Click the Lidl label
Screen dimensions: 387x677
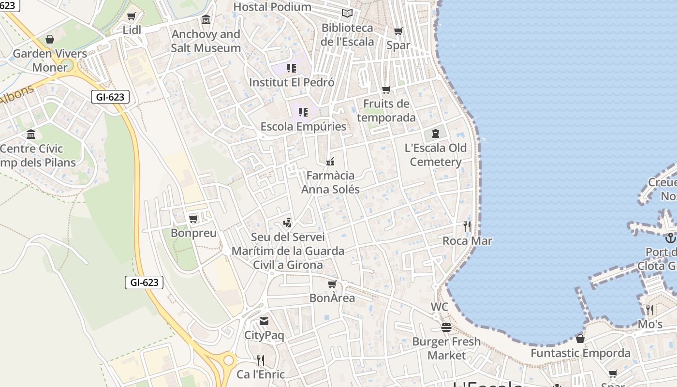tap(132, 30)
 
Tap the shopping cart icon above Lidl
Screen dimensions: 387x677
tap(131, 16)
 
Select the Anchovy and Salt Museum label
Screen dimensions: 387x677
tap(206, 41)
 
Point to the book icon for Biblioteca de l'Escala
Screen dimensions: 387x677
tap(347, 14)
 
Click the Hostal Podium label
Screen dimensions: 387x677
tap(272, 7)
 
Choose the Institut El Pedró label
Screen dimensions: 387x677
tap(292, 82)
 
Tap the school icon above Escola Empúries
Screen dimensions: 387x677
tap(303, 112)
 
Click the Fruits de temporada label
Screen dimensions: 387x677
tap(386, 110)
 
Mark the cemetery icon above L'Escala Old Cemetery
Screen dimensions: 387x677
tap(436, 134)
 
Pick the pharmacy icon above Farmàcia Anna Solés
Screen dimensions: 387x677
tap(330, 161)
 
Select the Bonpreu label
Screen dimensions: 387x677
tap(193, 233)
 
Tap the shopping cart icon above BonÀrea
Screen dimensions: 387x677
tap(332, 284)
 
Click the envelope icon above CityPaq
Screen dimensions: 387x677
tap(264, 321)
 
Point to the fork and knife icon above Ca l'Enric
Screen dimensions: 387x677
tap(260, 360)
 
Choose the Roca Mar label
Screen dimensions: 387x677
tap(467, 240)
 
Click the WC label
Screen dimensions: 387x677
tap(440, 307)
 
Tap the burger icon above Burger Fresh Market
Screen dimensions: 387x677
tap(446, 327)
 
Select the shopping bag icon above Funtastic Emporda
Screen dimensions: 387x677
tap(580, 339)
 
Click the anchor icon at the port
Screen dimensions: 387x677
tap(670, 238)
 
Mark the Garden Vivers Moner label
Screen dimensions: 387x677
tap(50, 60)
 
